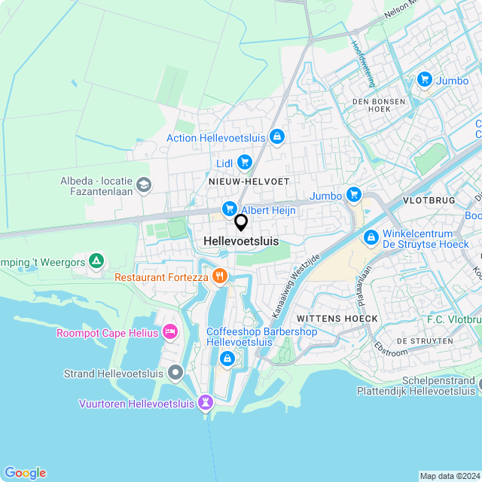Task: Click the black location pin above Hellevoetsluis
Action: [241, 222]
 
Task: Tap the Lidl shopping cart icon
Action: [244, 161]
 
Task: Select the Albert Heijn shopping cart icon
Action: [229, 209]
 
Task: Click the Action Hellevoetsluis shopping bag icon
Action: [277, 136]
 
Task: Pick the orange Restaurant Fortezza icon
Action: [220, 276]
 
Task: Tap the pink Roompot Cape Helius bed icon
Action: [171, 331]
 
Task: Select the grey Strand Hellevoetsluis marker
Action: [175, 372]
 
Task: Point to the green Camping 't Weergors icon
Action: [96, 261]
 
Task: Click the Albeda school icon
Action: [144, 184]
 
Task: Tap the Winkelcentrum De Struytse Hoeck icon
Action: [371, 238]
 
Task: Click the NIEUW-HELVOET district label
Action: [250, 182]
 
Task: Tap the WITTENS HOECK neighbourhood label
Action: [337, 319]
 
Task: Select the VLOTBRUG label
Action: [429, 201]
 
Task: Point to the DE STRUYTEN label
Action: [425, 341]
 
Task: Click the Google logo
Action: [25, 472]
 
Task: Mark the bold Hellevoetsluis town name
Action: [241, 241]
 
